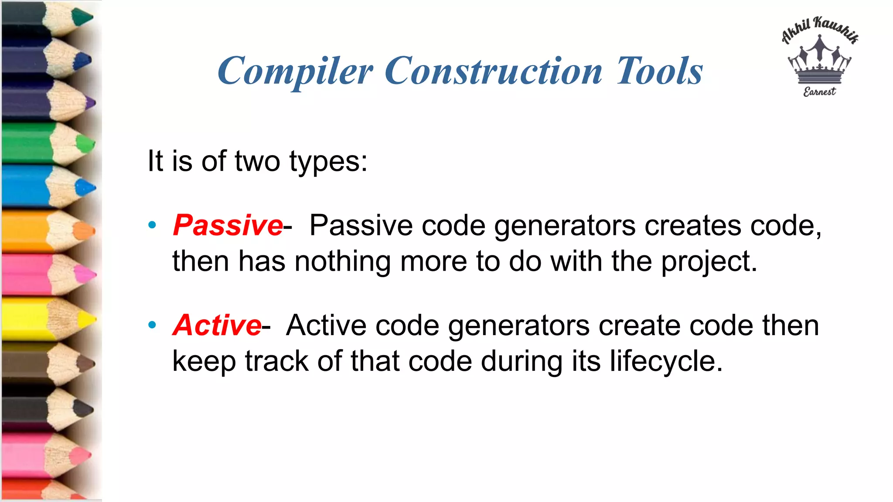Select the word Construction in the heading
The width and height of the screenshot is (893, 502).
(493, 71)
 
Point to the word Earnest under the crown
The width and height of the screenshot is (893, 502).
(819, 92)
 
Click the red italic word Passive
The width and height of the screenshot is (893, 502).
(228, 226)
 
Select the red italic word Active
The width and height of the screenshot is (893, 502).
(217, 326)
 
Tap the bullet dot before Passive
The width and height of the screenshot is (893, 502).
(152, 225)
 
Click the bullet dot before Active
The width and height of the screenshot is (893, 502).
(152, 325)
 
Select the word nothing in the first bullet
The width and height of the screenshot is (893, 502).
(342, 262)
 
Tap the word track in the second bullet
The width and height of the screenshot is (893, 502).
(276, 362)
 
